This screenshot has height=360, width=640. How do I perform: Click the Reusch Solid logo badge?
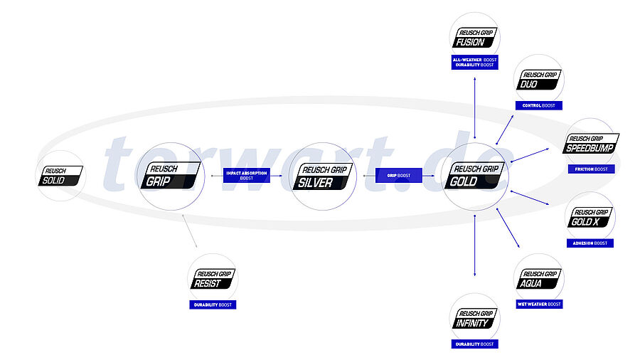coord(62,176)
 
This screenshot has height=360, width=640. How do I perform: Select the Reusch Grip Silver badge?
coord(324,176)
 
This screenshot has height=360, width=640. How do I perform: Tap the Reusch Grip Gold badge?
coord(474,176)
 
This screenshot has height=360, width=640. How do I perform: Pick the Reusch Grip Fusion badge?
coord(474,36)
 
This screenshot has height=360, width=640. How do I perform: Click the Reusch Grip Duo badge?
coord(539,80)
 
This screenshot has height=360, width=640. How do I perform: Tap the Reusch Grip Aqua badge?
coord(539,278)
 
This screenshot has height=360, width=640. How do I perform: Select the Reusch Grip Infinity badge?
coord(474,318)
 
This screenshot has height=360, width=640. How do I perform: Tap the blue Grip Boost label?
coord(398,175)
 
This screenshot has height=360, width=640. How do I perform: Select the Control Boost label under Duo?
coord(538,105)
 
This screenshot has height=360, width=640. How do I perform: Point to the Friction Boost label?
coord(591,169)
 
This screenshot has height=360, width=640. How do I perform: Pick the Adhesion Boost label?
coord(590,243)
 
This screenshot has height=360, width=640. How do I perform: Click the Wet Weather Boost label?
coord(538,304)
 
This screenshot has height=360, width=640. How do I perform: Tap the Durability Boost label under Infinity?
coord(474,344)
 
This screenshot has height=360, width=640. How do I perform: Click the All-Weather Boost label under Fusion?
coord(474,58)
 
